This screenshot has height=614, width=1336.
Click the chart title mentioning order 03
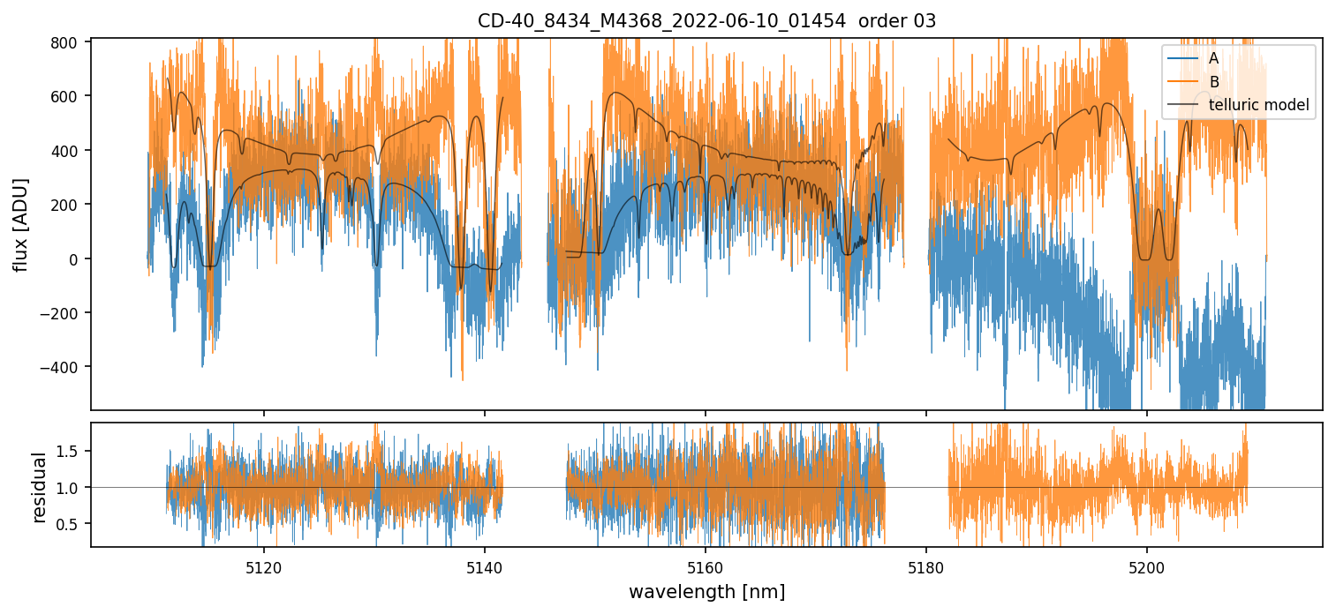pyautogui.click(x=706, y=21)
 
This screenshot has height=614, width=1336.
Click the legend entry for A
pyautogui.click(x=1213, y=58)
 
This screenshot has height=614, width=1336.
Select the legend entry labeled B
pyautogui.click(x=1214, y=82)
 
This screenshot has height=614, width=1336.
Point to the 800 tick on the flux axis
pyautogui.click(x=67, y=42)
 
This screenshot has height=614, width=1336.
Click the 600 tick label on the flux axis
pyautogui.click(x=67, y=96)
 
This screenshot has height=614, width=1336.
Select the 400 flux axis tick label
pyautogui.click(x=67, y=151)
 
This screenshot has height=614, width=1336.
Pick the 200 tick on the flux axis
pyautogui.click(x=67, y=205)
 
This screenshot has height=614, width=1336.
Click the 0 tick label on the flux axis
pyautogui.click(x=74, y=259)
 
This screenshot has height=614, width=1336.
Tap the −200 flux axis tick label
pyautogui.click(x=64, y=313)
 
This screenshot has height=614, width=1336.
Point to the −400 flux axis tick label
pyautogui.click(x=64, y=367)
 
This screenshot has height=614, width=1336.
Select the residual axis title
pyautogui.click(x=39, y=487)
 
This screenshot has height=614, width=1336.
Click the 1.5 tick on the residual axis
pyautogui.click(x=71, y=452)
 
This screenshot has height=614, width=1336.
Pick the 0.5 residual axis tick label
pyautogui.click(x=71, y=524)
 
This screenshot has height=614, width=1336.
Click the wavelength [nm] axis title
pyautogui.click(x=706, y=591)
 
